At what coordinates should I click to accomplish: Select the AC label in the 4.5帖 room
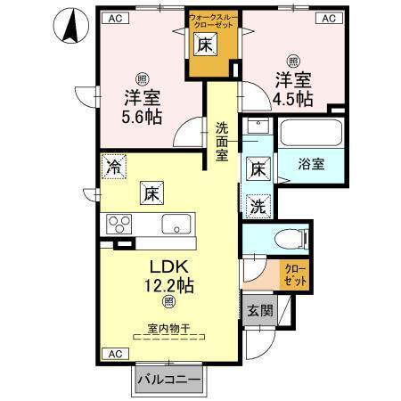(x=328, y=17)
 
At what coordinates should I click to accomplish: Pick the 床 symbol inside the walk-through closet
(x=202, y=45)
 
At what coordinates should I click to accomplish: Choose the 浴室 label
(x=311, y=164)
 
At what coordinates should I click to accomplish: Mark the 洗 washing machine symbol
(x=256, y=203)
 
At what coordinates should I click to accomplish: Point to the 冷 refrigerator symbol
(x=114, y=165)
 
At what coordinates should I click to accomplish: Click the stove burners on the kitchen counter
(x=119, y=223)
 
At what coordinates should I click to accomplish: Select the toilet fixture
(x=286, y=238)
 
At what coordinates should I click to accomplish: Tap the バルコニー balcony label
(x=168, y=381)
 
